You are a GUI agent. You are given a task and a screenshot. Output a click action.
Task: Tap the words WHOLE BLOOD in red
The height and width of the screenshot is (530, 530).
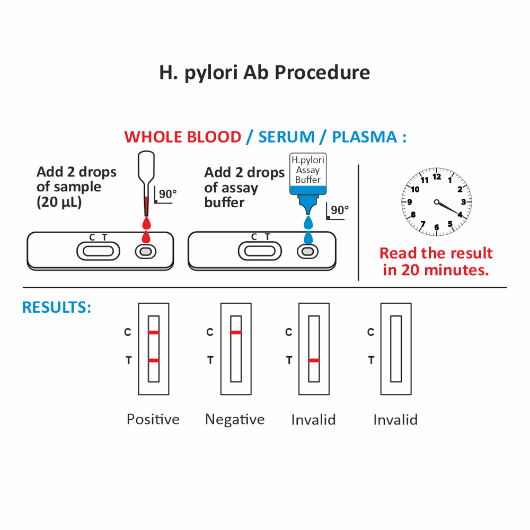(x=182, y=137)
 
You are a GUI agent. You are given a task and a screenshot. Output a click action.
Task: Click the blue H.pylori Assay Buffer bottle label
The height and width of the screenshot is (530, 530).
(x=308, y=170)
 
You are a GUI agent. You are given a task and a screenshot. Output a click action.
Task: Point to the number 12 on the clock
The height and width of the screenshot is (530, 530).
(x=437, y=177)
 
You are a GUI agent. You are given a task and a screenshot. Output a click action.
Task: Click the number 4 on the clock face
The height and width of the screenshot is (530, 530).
(x=460, y=215)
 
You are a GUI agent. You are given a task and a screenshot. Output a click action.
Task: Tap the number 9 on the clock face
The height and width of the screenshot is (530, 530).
(x=410, y=202)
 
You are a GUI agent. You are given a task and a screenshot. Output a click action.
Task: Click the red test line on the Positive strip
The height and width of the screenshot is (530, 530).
(x=154, y=360)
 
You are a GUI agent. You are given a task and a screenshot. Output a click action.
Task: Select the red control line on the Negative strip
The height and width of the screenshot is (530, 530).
(x=236, y=333)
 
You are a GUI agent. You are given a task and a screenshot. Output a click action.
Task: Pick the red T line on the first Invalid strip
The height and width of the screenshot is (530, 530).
(x=314, y=360)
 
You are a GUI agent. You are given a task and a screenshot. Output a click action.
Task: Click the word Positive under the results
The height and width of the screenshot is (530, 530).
(x=153, y=420)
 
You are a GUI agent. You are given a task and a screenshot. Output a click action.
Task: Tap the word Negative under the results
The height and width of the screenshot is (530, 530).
(x=235, y=420)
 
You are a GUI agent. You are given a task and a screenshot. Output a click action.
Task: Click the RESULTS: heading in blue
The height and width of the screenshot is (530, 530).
(x=57, y=307)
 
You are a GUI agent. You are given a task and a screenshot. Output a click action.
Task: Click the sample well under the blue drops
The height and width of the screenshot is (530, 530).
(x=306, y=252)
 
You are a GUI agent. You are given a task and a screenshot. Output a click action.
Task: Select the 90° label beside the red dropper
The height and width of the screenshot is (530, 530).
(x=167, y=195)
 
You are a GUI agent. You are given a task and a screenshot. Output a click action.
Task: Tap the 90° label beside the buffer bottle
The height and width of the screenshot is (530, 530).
(x=340, y=210)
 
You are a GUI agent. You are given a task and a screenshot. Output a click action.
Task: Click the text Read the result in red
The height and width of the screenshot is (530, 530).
(x=436, y=253)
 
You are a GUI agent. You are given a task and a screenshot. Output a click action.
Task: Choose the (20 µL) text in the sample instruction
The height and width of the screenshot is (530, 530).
(x=59, y=202)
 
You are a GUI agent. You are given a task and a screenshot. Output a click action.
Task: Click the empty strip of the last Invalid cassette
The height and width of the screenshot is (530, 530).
(x=396, y=349)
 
